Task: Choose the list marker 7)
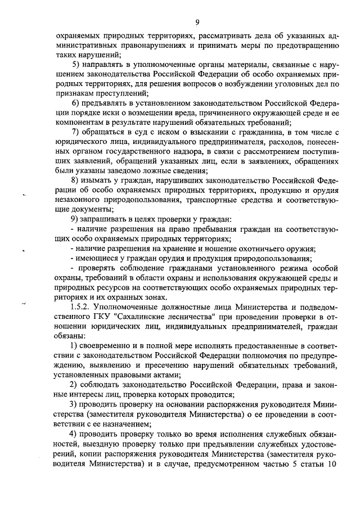(76, 133)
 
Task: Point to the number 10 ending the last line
(330, 466)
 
